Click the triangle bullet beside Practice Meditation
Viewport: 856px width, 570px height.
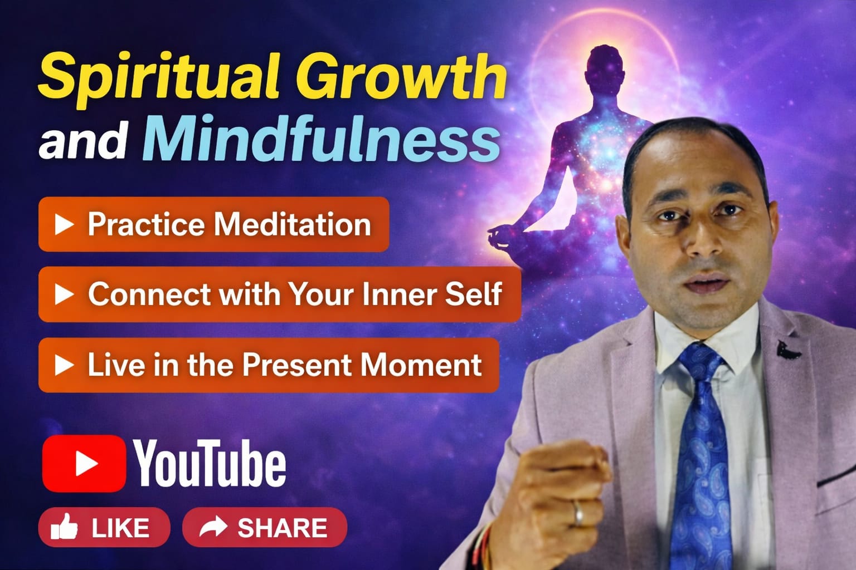64,224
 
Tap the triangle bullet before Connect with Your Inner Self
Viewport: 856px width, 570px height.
64,294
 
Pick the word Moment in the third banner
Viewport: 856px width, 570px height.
420,365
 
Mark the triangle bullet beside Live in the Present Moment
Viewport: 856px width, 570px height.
64,365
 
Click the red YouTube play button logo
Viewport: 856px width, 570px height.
84,463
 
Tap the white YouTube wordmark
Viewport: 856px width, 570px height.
210,463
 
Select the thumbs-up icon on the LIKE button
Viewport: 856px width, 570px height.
64,527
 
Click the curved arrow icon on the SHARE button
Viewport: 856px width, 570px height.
213,527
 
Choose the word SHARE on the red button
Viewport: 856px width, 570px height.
282,528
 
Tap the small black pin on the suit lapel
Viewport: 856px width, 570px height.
787,350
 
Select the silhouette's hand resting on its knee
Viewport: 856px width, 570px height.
499,234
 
